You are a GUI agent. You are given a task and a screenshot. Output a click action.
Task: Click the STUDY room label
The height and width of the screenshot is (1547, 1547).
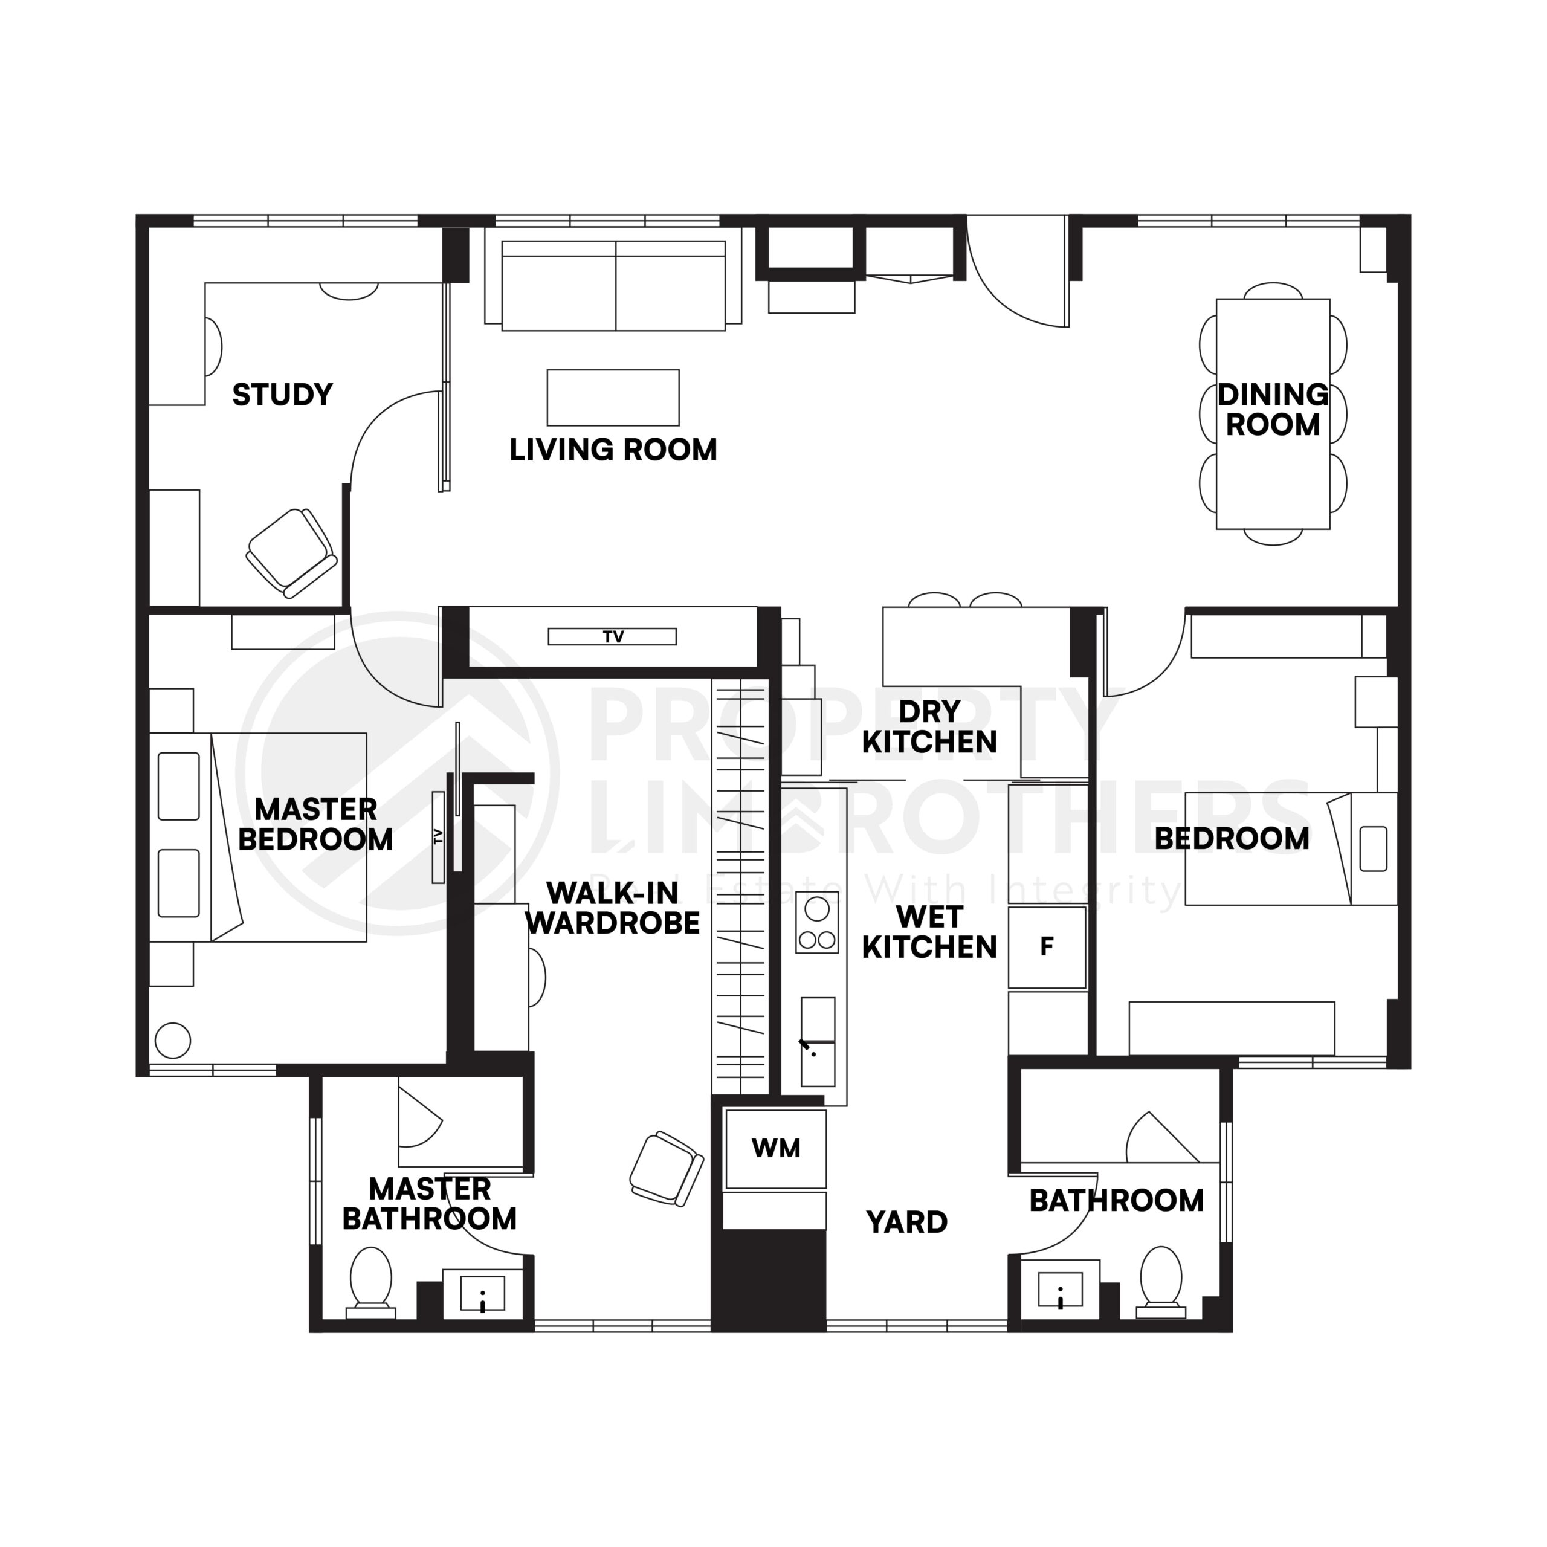pos(282,395)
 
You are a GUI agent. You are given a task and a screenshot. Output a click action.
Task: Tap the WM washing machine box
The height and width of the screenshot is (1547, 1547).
pos(775,1148)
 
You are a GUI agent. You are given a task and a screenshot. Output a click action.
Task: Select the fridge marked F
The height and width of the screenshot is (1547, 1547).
pos(1046,948)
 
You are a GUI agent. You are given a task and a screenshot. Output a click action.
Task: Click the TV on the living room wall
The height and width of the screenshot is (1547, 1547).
pos(612,636)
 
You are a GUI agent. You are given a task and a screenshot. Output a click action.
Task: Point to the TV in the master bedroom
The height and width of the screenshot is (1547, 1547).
pos(438,837)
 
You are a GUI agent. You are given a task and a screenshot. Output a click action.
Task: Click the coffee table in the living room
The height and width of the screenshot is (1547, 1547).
pos(613,397)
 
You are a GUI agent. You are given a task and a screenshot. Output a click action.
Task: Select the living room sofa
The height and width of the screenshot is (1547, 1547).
pos(613,286)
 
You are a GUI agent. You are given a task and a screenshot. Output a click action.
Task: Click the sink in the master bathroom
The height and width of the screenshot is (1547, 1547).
pos(483,1293)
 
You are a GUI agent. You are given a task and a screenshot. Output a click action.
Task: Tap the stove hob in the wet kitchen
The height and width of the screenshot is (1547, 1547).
pos(817,922)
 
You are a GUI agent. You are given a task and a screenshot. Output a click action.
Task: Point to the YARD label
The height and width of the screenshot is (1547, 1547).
pos(906,1222)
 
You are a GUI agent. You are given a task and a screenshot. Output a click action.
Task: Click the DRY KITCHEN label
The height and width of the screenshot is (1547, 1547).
pos(929,726)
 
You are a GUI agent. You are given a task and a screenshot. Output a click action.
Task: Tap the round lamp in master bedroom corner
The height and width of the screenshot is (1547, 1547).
pos(172,1041)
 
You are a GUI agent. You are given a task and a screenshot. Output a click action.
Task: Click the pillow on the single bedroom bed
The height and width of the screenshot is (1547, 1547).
pos(1372,849)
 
